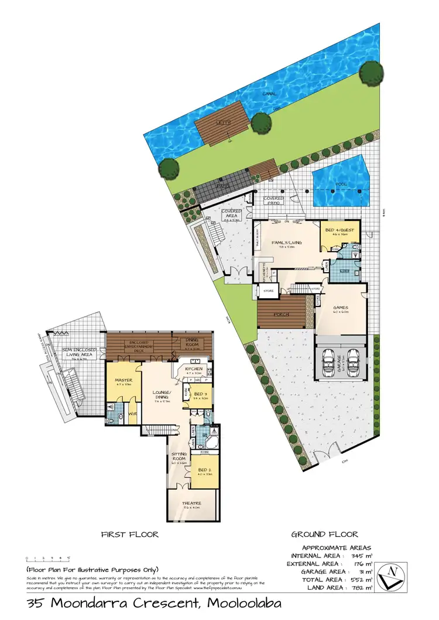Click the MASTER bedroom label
pos(124,381)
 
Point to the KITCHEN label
pos(194,369)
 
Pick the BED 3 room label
pos(200,394)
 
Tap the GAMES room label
pos(341,308)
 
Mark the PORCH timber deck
pos(282,314)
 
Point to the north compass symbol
pos(390,576)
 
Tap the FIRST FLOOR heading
pos(129,535)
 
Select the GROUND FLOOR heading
pos(324,535)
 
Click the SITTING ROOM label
pos(179,457)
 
